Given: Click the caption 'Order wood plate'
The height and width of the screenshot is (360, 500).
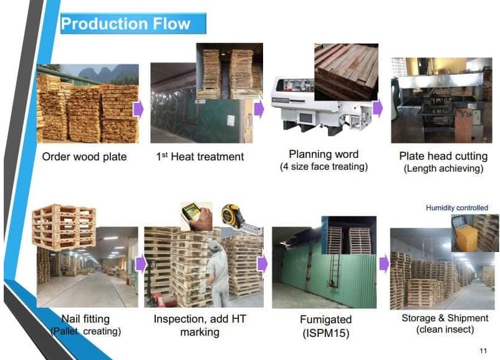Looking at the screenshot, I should click(x=84, y=157).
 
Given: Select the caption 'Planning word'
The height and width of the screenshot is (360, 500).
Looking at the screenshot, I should click(x=324, y=154).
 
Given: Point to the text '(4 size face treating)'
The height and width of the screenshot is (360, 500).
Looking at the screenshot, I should click(x=324, y=167).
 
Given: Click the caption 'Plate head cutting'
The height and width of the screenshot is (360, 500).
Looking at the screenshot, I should click(x=443, y=156).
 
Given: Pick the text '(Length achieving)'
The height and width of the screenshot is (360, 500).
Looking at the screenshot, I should click(x=443, y=168).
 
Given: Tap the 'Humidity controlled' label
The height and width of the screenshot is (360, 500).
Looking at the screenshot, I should click(x=457, y=208).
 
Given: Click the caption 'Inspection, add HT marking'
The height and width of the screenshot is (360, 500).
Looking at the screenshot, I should click(x=200, y=325).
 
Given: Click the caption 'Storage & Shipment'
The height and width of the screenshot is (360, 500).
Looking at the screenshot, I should click(x=445, y=318).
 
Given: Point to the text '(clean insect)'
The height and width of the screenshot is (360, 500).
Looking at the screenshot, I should click(x=445, y=329).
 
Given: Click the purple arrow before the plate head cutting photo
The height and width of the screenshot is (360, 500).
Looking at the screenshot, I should click(x=377, y=108).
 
